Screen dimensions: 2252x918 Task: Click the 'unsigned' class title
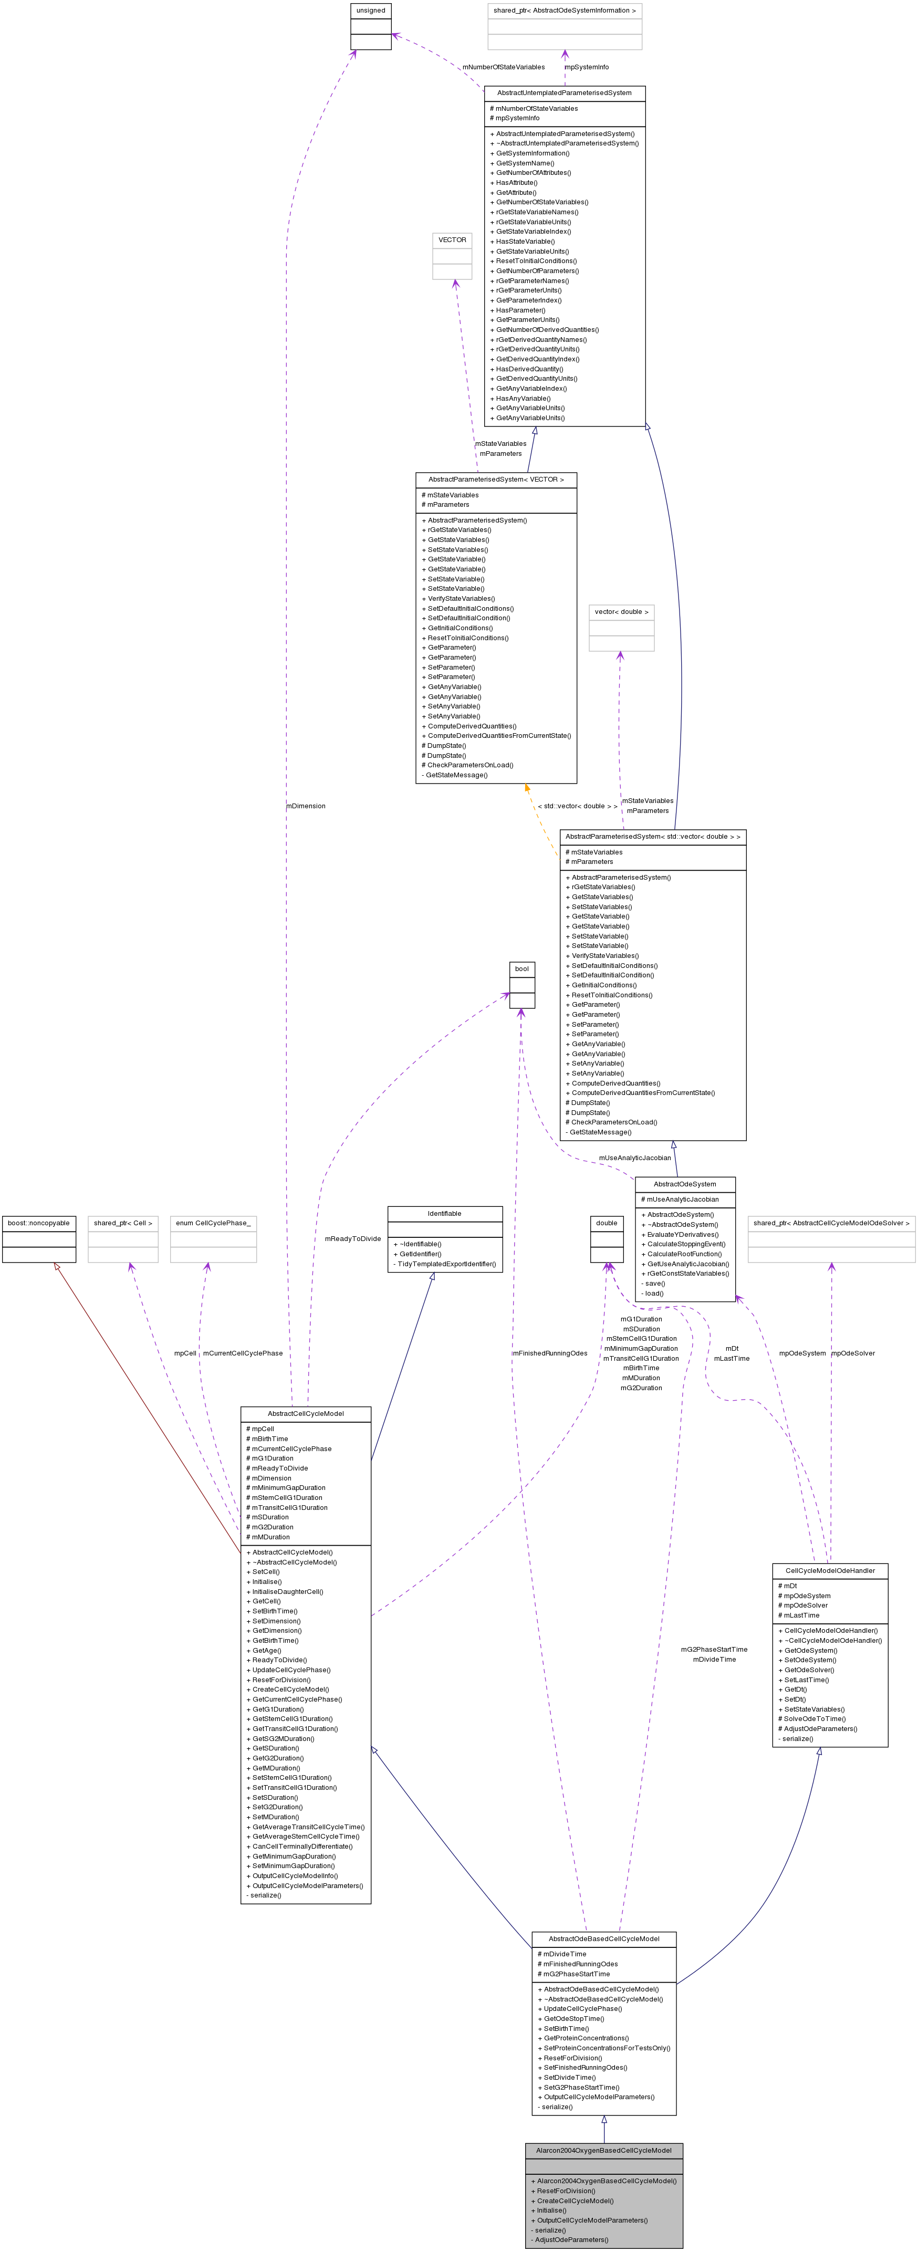[x=371, y=11]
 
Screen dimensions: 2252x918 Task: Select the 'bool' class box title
[x=522, y=968]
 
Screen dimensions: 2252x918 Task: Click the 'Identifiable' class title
[x=445, y=1213]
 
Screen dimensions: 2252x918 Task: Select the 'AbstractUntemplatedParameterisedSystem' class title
[x=564, y=92]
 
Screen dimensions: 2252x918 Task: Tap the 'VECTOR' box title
[x=452, y=239]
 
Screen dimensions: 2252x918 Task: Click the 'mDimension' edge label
[x=306, y=806]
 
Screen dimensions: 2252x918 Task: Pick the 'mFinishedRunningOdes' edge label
[x=550, y=1353]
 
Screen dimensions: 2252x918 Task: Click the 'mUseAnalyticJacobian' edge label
[x=635, y=1159]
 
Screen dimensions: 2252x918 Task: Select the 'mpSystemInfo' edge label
[x=587, y=67]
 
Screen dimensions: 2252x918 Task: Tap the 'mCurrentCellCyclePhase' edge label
[x=243, y=1353]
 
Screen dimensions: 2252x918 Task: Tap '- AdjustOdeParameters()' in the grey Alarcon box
[x=570, y=2240]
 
